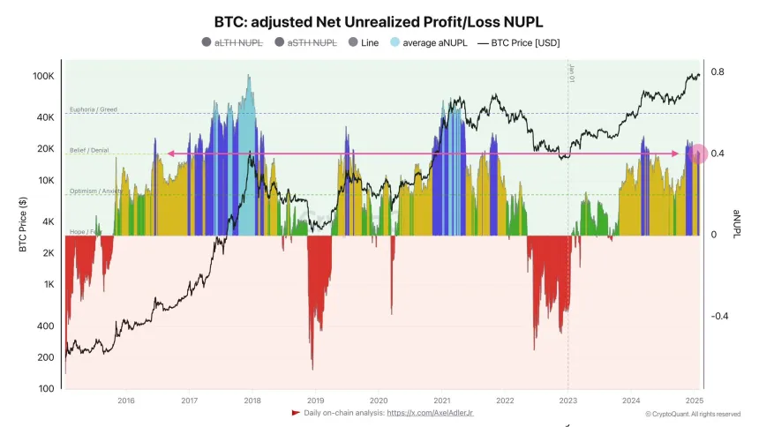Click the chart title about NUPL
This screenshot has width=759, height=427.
[x=379, y=20]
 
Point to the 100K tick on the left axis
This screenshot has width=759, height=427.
[x=44, y=77]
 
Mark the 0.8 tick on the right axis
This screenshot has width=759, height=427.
[x=718, y=72]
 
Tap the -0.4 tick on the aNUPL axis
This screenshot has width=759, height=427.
[x=720, y=316]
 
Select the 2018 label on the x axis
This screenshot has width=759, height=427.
[x=252, y=400]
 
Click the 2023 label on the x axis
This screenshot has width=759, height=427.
[x=567, y=400]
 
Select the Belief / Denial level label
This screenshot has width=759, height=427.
[x=88, y=151]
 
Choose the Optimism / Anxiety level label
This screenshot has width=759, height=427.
[x=95, y=191]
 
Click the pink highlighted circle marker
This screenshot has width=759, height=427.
[x=697, y=154]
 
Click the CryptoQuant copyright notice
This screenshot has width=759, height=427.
[x=693, y=414]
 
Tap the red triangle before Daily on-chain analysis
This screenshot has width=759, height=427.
[x=296, y=412]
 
